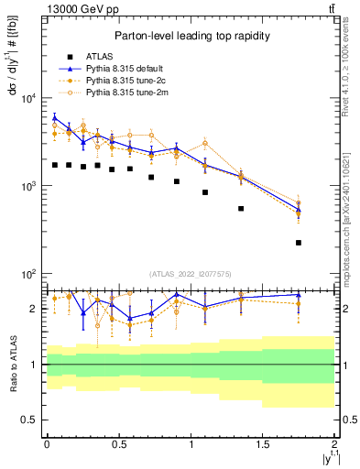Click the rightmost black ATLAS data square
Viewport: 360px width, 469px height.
pos(299,243)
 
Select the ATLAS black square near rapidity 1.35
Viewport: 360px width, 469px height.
pos(241,209)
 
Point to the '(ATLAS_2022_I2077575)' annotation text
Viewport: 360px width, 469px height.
pos(190,274)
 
